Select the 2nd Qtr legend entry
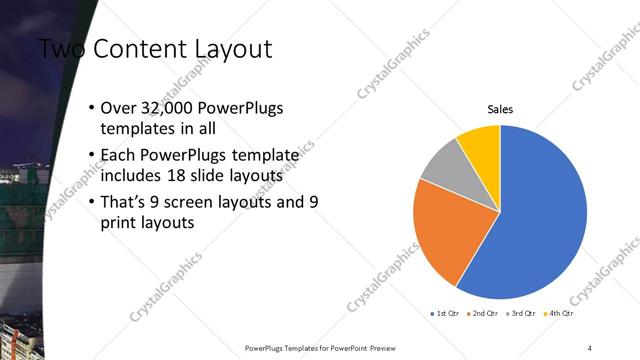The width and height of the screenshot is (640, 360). (x=485, y=314)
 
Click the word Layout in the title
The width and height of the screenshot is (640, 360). (x=230, y=48)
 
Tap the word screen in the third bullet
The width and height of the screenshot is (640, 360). (x=189, y=201)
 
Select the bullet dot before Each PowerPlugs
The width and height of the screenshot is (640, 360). (x=92, y=156)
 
